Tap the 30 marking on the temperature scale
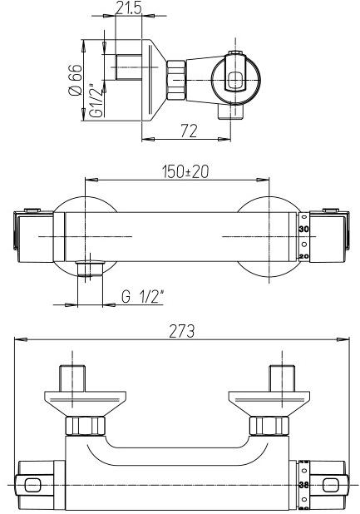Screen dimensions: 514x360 (304, 228)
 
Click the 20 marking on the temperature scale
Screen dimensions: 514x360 (304, 257)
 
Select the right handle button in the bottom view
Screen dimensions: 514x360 (333, 484)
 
